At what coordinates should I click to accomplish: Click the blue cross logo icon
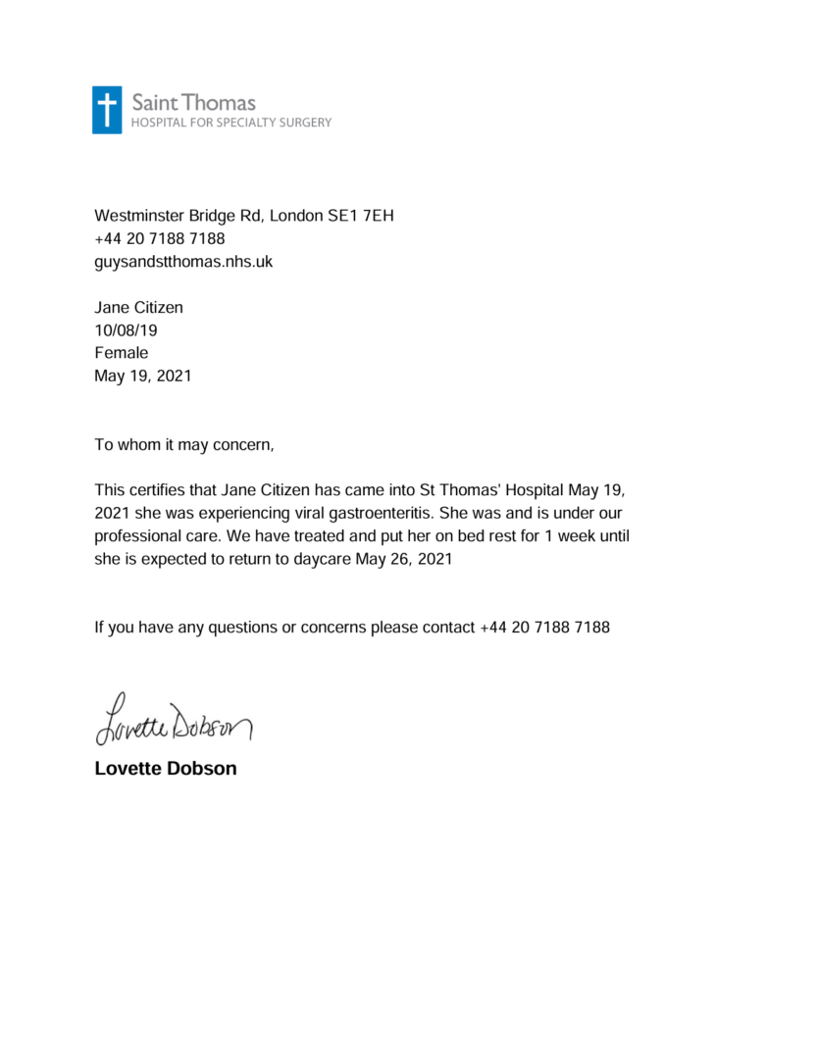(x=108, y=110)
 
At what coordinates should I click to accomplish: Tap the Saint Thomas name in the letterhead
(x=193, y=102)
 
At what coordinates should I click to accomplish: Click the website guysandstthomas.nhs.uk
(x=182, y=262)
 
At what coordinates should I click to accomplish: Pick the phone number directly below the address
(x=159, y=239)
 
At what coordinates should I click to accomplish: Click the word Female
(x=121, y=353)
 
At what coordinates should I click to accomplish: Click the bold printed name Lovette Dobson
(x=166, y=769)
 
